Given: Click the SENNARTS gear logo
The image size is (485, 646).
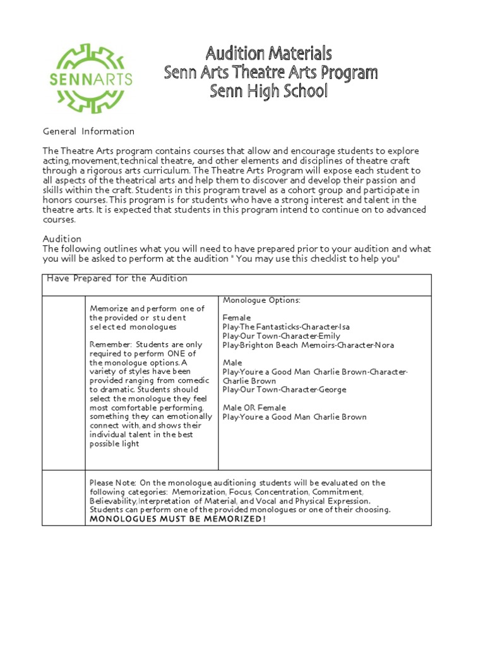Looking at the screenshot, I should (90, 78).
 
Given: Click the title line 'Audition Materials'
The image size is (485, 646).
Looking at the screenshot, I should (268, 53).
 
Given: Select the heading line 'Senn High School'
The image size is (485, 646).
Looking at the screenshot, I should (268, 91).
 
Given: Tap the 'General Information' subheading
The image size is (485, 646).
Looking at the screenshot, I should (88, 131).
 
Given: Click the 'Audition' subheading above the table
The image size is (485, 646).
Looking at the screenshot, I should (62, 239).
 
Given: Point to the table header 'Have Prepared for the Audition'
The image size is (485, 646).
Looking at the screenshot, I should (117, 279).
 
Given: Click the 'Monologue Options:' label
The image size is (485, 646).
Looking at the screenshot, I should (261, 300).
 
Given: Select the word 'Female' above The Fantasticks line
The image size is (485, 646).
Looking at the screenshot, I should (237, 318).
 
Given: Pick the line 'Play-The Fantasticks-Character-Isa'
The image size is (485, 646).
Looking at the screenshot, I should (285, 327).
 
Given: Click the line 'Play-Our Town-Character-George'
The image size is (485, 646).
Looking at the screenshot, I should (284, 390).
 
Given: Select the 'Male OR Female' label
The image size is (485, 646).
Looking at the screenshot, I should (254, 408).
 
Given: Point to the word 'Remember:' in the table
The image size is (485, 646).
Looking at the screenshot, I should (110, 344).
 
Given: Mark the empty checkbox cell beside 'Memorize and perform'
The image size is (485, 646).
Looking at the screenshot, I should (64, 382).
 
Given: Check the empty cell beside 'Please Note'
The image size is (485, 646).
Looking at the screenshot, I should (64, 498).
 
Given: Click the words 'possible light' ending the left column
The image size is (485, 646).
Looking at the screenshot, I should (114, 443).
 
